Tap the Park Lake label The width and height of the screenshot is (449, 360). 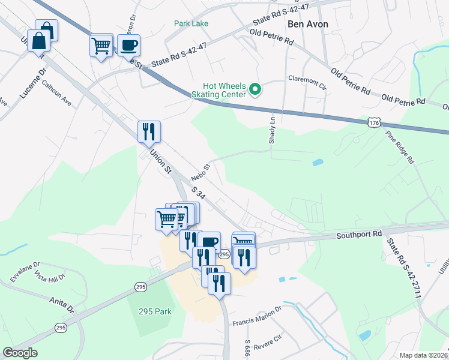point(191,23)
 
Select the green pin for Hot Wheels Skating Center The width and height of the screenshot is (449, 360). point(255,91)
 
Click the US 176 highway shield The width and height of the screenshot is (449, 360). point(374,122)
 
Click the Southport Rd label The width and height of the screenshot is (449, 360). point(359,234)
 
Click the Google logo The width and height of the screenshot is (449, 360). point(20,353)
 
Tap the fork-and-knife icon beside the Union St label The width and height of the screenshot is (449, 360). point(149,132)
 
